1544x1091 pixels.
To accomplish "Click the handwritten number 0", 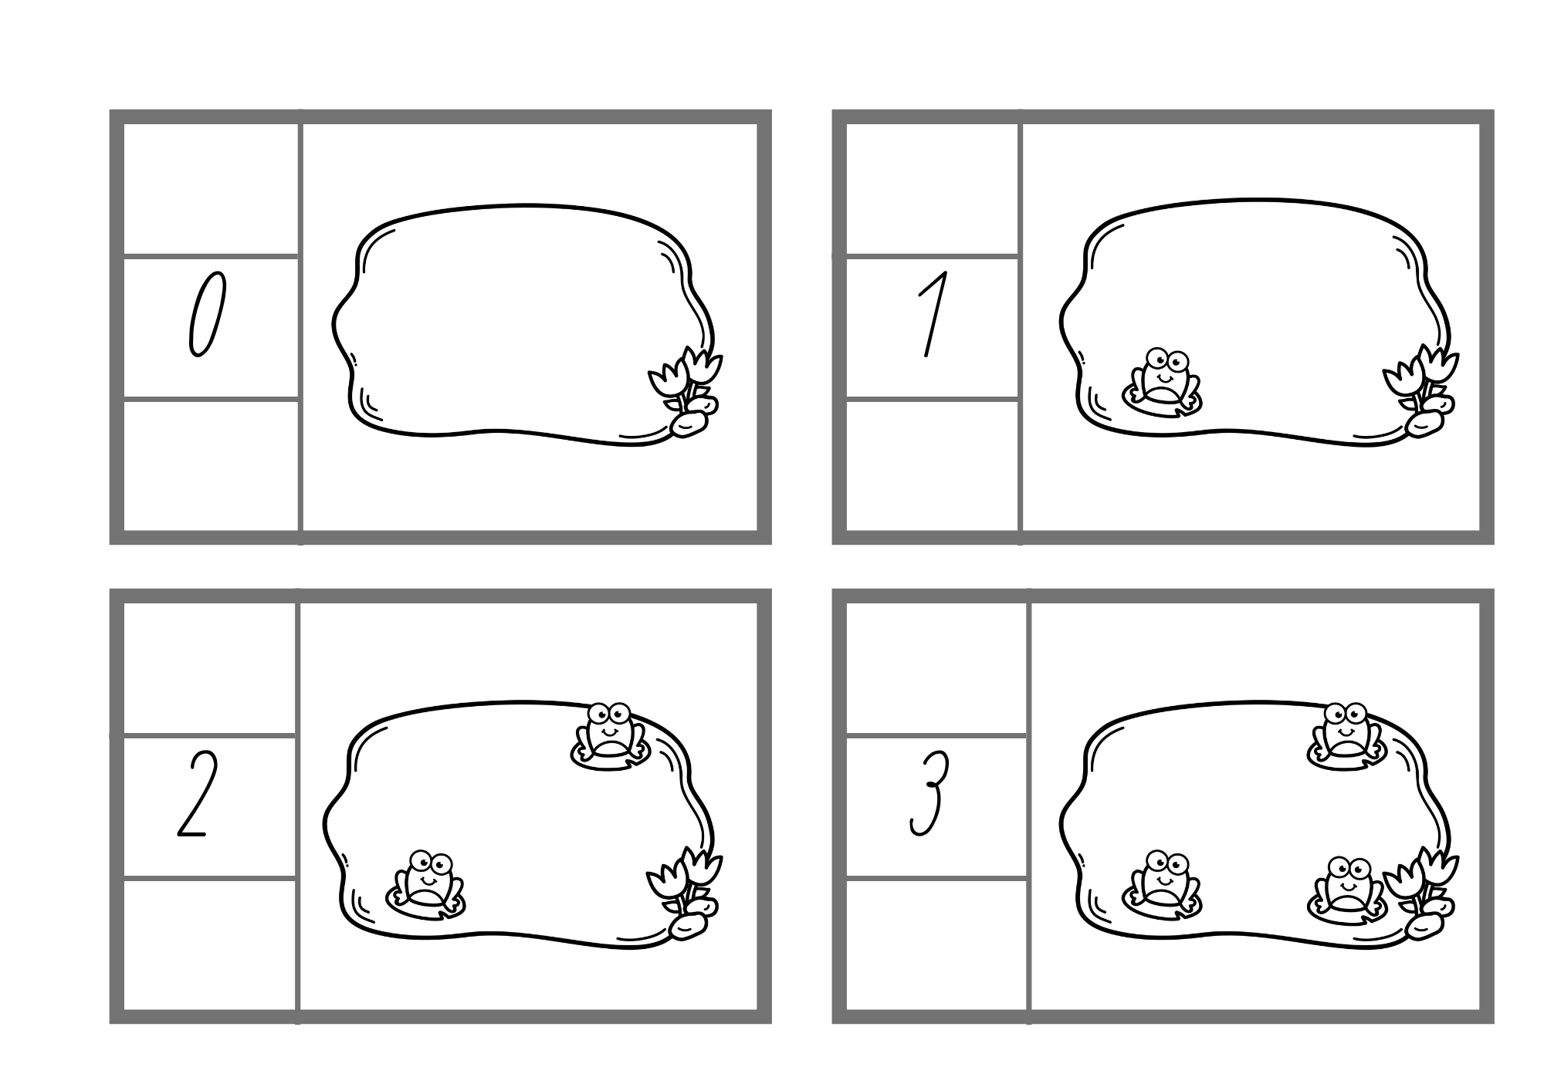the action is [207, 314].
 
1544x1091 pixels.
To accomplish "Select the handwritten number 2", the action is [193, 794].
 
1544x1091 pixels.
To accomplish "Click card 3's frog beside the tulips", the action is [1347, 889].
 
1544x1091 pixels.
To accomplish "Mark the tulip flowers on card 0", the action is [685, 380].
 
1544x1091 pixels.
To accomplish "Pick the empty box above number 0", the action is [211, 188].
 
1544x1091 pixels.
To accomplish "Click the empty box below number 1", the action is [932, 465].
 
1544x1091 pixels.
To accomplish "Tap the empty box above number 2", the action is [209, 668].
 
